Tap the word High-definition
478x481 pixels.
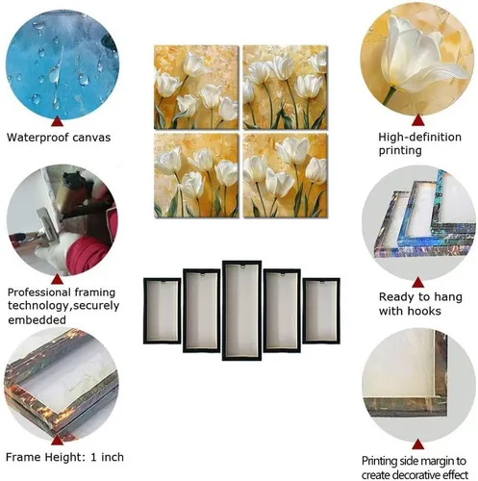click(x=419, y=137)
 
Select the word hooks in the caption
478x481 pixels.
click(x=424, y=311)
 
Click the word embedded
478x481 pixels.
click(x=37, y=319)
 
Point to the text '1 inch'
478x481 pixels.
click(x=107, y=457)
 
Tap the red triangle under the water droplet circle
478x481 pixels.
click(x=57, y=121)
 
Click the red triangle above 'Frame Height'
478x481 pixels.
click(x=57, y=440)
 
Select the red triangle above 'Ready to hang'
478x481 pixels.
click(x=417, y=283)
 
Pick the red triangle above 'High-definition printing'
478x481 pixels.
click(x=417, y=120)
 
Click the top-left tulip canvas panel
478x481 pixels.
click(x=196, y=88)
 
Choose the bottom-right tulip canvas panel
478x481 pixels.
click(x=285, y=175)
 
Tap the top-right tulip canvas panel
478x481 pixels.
click(x=285, y=88)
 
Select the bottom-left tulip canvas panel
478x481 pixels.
click(x=196, y=175)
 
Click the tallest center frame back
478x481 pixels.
click(x=241, y=311)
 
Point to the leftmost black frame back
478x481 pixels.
click(x=162, y=311)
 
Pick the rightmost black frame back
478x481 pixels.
click(x=321, y=311)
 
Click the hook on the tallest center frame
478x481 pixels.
click(x=242, y=266)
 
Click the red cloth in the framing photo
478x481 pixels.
click(x=93, y=247)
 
